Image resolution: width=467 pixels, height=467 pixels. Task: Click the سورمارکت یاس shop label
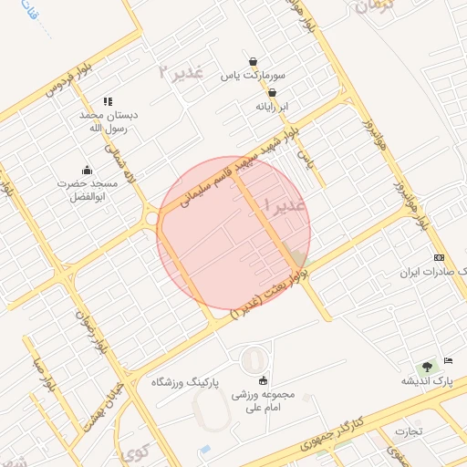252,76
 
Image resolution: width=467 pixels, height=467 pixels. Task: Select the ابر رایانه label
271,106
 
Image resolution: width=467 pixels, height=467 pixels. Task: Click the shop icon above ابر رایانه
272,91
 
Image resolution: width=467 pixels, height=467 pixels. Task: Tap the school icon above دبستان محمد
108,102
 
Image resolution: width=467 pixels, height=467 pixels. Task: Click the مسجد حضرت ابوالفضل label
88,190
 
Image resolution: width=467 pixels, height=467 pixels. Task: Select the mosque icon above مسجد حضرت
88,170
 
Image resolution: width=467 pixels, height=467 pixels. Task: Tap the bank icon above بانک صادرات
439,258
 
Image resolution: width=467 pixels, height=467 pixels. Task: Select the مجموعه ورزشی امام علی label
265,402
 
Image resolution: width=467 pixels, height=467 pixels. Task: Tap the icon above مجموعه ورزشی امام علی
264,380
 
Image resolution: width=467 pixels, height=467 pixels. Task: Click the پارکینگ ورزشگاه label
186,381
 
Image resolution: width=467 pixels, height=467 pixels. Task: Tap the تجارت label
411,430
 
